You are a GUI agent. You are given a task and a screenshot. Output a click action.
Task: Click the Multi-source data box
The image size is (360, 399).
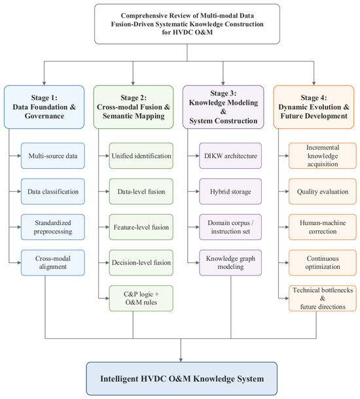(53, 156)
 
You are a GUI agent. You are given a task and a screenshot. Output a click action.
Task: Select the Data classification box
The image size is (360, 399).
(53, 192)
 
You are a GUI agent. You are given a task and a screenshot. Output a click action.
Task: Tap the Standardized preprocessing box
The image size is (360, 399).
(53, 227)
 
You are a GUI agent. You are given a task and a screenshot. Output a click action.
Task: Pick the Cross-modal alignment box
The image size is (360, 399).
(53, 262)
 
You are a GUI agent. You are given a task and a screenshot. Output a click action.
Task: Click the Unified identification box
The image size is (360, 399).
(141, 156)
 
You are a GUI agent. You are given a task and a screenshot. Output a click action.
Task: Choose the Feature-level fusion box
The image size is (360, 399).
(141, 227)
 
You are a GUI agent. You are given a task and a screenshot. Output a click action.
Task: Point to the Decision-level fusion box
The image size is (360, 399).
(141, 262)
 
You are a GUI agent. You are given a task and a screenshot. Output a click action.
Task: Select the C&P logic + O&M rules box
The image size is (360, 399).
(141, 298)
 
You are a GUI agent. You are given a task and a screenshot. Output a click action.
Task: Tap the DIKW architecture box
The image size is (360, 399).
(230, 156)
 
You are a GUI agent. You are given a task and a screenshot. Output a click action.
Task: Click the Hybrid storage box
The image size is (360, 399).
(230, 192)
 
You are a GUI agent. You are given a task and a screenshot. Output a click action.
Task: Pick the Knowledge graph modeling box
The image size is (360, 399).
(230, 262)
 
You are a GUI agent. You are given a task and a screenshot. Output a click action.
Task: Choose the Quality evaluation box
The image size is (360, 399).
(323, 192)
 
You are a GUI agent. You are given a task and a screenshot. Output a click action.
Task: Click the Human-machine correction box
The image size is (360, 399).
(323, 227)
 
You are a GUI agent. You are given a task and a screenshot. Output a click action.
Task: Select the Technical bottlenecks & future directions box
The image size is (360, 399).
(323, 298)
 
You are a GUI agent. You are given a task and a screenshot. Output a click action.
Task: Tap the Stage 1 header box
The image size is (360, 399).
(44, 107)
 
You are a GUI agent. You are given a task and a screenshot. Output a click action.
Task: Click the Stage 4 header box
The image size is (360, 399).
(314, 107)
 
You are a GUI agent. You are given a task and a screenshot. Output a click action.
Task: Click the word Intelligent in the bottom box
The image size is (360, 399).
(117, 379)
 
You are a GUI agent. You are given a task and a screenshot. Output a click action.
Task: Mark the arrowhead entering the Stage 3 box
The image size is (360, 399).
(223, 84)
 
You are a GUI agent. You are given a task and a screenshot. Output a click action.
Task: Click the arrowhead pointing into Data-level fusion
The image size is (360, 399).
(107, 192)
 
